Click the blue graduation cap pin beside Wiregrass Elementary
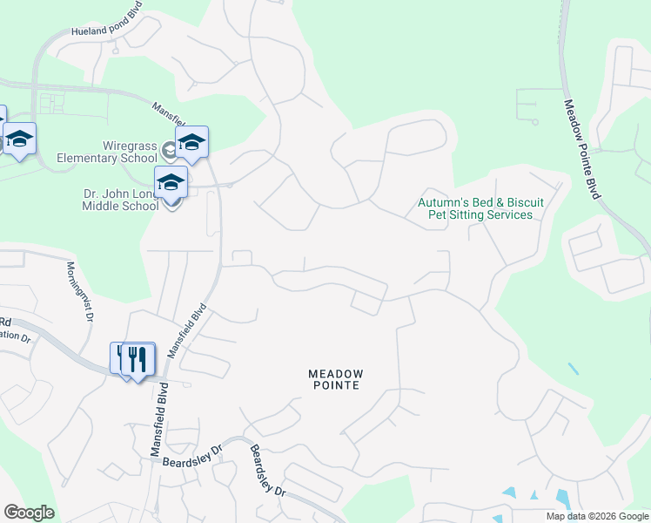coord(191,142)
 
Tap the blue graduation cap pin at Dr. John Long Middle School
coord(171,183)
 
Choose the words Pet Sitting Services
coord(480,214)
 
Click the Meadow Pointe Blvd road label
coord(581,148)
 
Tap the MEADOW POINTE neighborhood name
coord(336,379)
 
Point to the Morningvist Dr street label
coord(79,291)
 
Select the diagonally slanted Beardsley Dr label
coord(268,471)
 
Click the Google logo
coord(29,513)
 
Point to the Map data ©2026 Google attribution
coord(596,516)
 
